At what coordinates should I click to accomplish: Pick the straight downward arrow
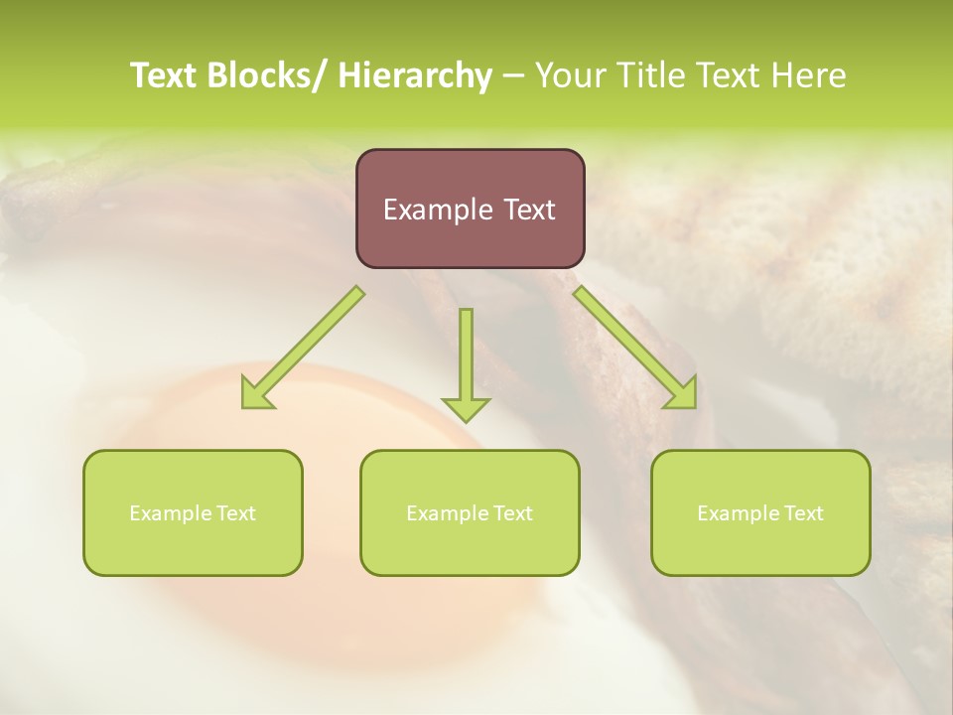click(466, 363)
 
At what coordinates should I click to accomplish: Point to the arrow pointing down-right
click(635, 347)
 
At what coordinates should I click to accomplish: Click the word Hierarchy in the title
click(415, 75)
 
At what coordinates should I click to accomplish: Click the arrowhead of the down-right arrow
click(683, 393)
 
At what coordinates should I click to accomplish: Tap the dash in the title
click(512, 75)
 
